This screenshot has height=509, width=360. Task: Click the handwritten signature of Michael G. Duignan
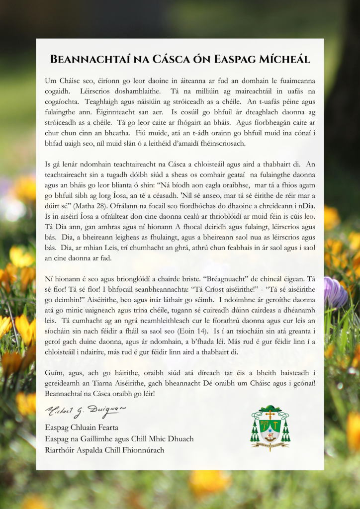(85, 411)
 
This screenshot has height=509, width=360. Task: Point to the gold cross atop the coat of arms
(270, 413)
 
